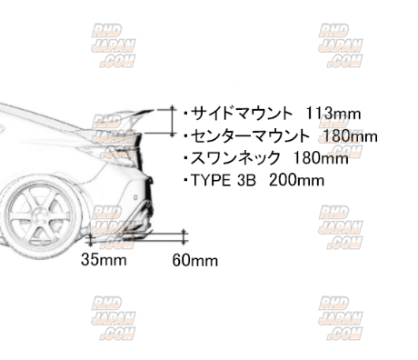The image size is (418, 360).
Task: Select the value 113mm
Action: click(x=333, y=114)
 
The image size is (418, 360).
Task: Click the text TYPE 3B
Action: click(x=223, y=180)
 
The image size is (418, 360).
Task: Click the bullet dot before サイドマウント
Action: click(x=185, y=115)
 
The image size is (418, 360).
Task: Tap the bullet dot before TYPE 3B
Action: click(x=185, y=180)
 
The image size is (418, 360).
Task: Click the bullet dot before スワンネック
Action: click(x=185, y=158)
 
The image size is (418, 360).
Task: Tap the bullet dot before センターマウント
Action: click(x=185, y=136)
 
